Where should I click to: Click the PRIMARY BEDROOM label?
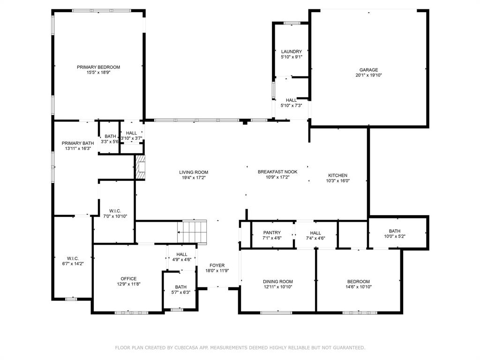(98, 67)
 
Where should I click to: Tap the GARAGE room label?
(368, 70)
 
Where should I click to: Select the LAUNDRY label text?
(292, 52)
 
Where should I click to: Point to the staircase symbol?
(192, 232)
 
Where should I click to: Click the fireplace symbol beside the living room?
(140, 167)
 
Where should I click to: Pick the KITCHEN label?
(337, 175)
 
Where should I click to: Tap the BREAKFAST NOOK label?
(277, 172)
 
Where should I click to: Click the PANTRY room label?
(272, 232)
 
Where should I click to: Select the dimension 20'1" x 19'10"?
(368, 75)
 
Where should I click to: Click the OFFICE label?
(128, 278)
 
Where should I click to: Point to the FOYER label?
(217, 265)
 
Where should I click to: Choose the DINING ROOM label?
(277, 281)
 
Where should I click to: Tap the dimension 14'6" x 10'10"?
(359, 287)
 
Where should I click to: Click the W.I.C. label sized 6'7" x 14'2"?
(73, 258)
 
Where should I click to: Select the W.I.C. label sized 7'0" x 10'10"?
(115, 211)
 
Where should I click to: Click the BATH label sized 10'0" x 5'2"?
(395, 231)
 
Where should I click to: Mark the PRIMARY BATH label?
(78, 143)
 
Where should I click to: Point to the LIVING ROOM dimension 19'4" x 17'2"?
(194, 178)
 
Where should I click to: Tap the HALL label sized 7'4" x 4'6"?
(315, 233)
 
